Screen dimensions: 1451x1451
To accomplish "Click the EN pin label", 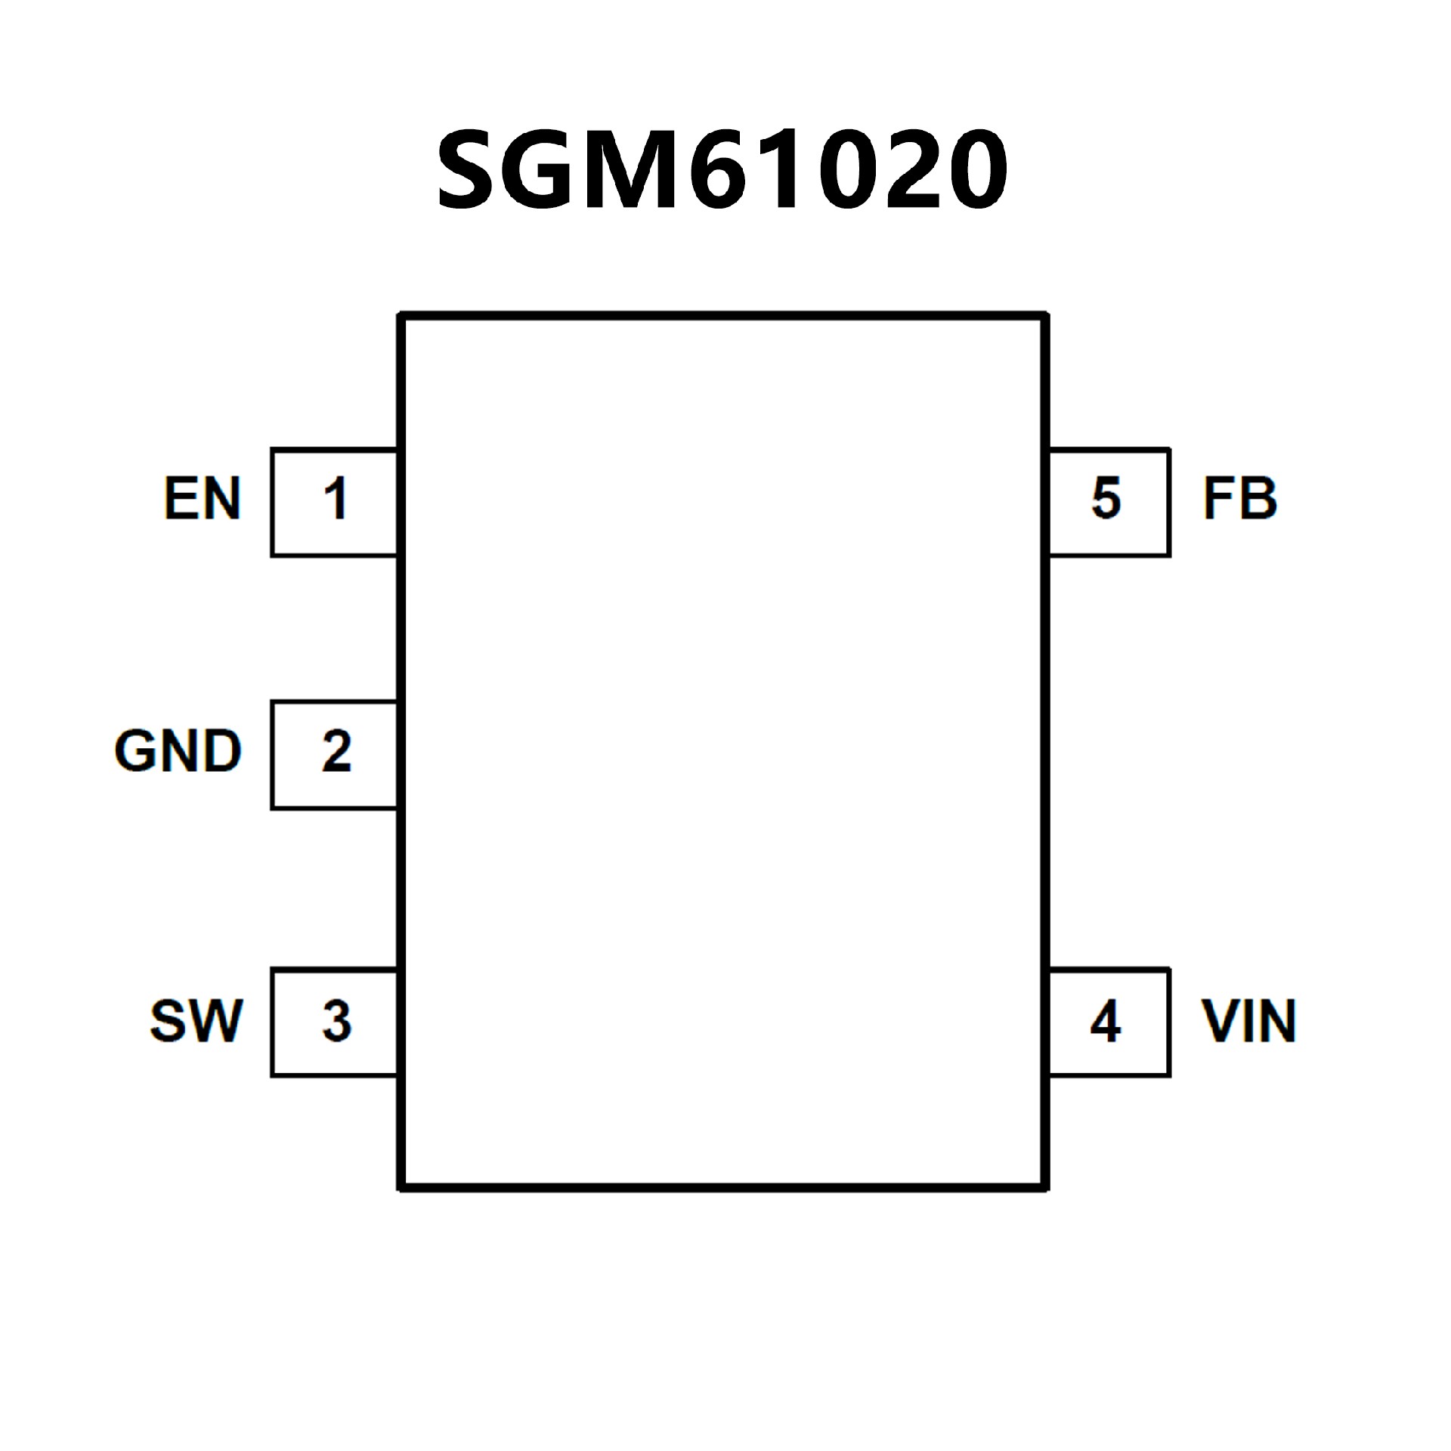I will (x=202, y=499).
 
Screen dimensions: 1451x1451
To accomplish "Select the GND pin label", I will (x=178, y=751).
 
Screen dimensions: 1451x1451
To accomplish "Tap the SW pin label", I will (x=196, y=1021).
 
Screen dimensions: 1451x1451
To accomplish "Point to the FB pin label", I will (x=1239, y=499).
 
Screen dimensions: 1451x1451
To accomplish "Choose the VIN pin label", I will (x=1248, y=1021).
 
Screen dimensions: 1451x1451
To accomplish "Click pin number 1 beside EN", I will (x=336, y=499).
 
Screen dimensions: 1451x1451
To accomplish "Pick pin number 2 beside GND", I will (x=336, y=751).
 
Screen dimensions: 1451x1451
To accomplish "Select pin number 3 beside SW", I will (x=336, y=1021).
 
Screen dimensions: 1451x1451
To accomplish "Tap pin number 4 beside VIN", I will (x=1105, y=1021).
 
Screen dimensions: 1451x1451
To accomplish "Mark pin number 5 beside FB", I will (x=1106, y=499).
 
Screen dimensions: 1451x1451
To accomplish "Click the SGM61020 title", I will (x=722, y=170).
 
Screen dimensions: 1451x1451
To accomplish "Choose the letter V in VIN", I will (x=1219, y=1021).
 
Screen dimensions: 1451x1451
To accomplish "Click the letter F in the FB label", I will (x=1218, y=499).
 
